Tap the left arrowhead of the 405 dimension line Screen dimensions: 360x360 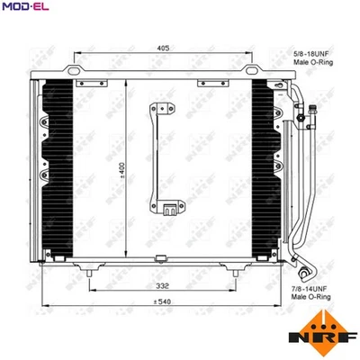[x=75, y=53]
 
